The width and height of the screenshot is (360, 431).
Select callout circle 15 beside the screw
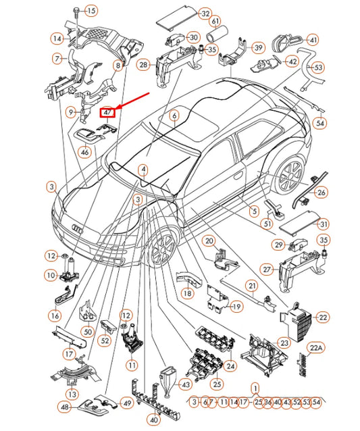91,10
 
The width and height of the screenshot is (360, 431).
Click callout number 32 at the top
205,14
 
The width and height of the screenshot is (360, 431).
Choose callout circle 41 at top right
313,40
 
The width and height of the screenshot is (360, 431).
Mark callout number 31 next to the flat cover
324,224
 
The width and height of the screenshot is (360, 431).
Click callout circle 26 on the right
322,193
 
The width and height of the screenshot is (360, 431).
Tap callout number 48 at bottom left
64,407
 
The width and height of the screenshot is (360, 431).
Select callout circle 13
70,394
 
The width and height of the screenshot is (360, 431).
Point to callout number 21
251,286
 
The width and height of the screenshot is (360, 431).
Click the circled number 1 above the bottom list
255,388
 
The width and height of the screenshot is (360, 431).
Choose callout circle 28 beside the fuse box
143,65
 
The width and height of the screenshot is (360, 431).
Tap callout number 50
87,332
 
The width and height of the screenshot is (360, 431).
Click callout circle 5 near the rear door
254,211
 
